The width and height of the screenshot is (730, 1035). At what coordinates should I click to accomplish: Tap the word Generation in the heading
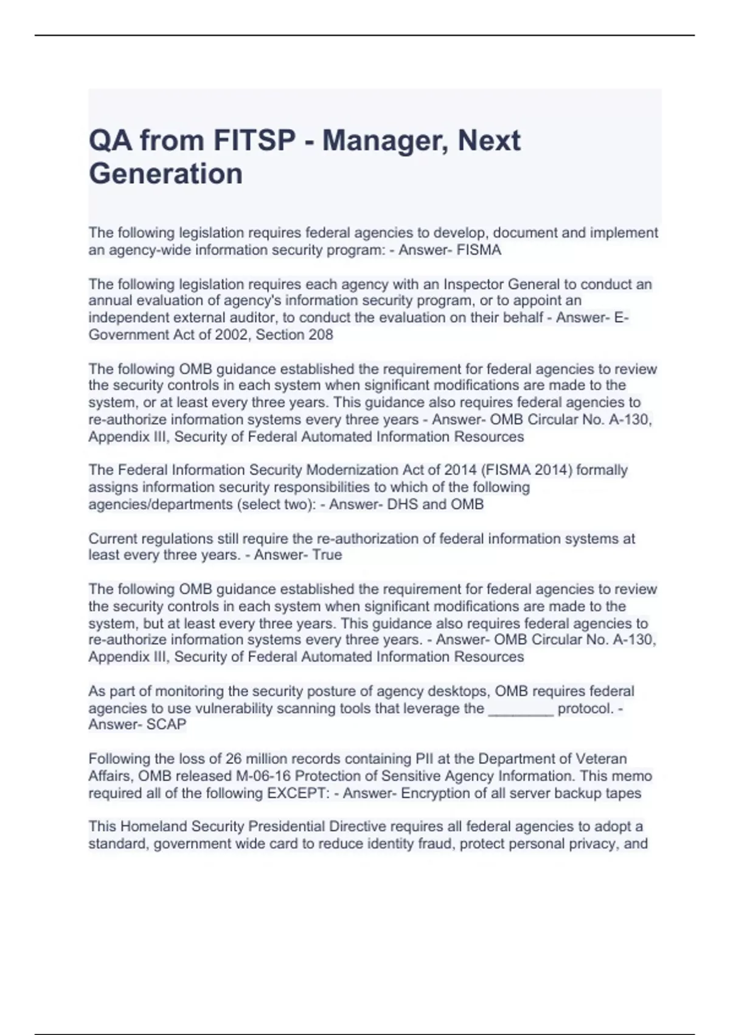[165, 174]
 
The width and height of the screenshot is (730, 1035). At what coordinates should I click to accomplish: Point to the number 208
[321, 335]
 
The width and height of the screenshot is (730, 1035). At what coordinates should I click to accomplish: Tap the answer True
[327, 555]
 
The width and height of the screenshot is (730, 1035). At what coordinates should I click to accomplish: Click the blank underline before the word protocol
[521, 709]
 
